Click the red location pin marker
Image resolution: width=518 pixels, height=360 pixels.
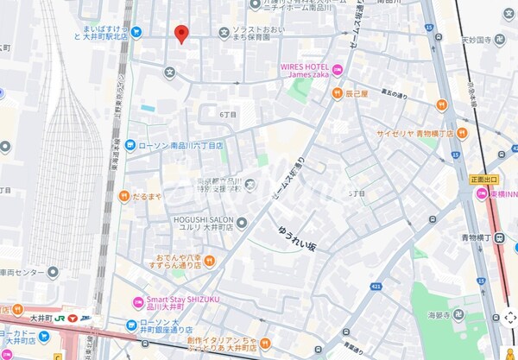pyautogui.click(x=181, y=34)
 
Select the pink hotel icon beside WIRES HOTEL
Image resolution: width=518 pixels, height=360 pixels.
pyautogui.click(x=338, y=70)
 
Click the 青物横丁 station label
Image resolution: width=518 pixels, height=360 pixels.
pyautogui.click(x=474, y=235)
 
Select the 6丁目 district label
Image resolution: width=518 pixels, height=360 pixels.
pyautogui.click(x=228, y=115)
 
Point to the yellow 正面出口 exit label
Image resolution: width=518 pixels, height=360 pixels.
pyautogui.click(x=485, y=179)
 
